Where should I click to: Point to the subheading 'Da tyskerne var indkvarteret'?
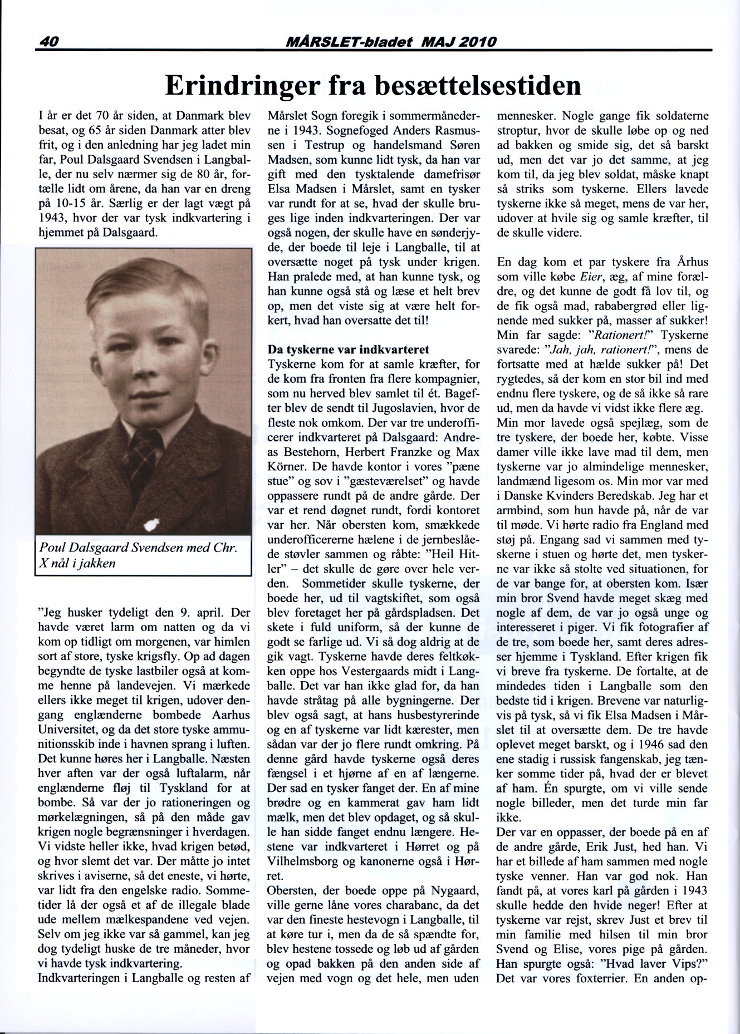[349, 350]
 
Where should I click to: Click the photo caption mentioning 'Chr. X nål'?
[139, 555]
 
